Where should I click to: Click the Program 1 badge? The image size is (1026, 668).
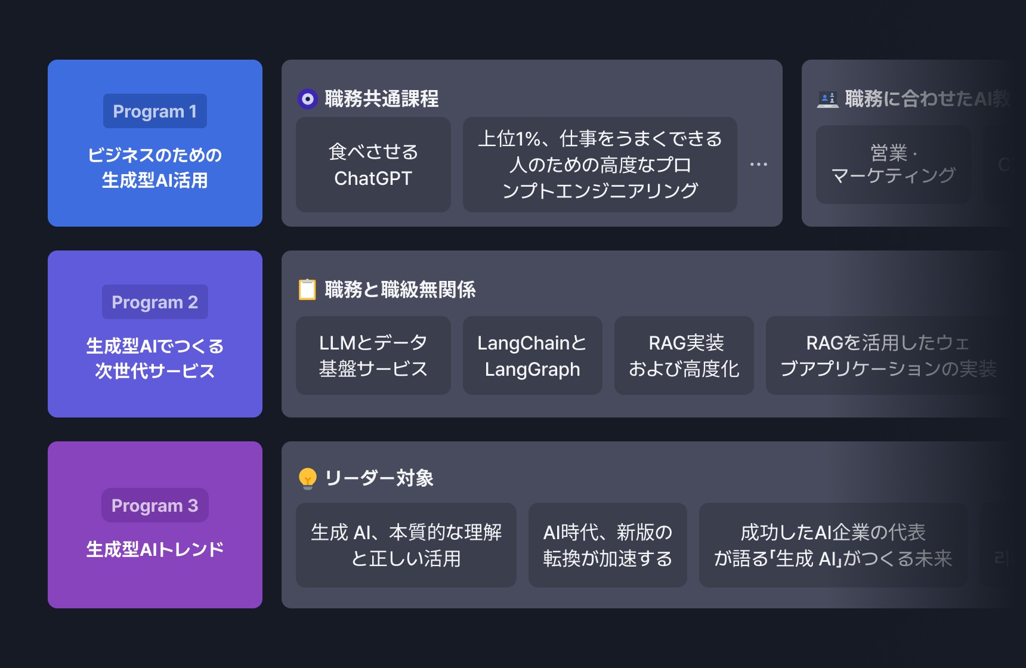155,112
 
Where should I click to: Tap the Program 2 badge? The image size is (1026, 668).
155,302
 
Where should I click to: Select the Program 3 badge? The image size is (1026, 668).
155,506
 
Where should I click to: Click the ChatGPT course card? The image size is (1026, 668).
373,165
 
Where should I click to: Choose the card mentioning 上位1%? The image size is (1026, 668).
599,165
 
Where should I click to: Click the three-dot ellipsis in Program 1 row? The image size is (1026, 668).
759,164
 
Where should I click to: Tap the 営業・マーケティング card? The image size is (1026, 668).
893,165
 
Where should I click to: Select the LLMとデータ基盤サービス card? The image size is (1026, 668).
373,355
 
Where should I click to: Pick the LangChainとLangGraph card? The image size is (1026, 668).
532,355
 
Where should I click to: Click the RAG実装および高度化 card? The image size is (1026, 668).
684,355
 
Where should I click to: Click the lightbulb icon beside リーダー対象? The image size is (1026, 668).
307,478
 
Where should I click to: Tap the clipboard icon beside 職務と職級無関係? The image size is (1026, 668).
307,290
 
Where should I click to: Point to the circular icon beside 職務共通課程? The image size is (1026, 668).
308,99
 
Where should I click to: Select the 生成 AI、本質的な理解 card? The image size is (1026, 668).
406,545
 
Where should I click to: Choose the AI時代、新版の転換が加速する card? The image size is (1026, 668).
607,545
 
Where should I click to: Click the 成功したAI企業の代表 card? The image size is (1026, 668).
833,545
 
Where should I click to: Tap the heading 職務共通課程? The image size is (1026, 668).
382,99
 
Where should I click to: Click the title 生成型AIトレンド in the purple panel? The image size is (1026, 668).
155,549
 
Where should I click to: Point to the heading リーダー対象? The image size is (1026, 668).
379,478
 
